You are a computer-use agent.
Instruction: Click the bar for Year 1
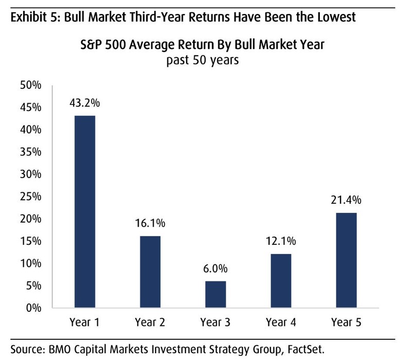[84, 212]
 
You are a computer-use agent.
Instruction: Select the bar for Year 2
[150, 272]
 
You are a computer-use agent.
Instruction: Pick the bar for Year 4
[280, 281]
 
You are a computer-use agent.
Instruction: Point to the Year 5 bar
[346, 260]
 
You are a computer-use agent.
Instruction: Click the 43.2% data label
[84, 103]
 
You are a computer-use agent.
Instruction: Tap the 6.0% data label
[215, 269]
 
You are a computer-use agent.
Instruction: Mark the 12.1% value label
[280, 241]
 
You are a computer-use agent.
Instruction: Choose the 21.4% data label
[346, 200]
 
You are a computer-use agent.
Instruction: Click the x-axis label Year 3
[215, 323]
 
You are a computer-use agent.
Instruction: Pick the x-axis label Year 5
[346, 323]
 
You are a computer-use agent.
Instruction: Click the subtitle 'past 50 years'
[202, 60]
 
